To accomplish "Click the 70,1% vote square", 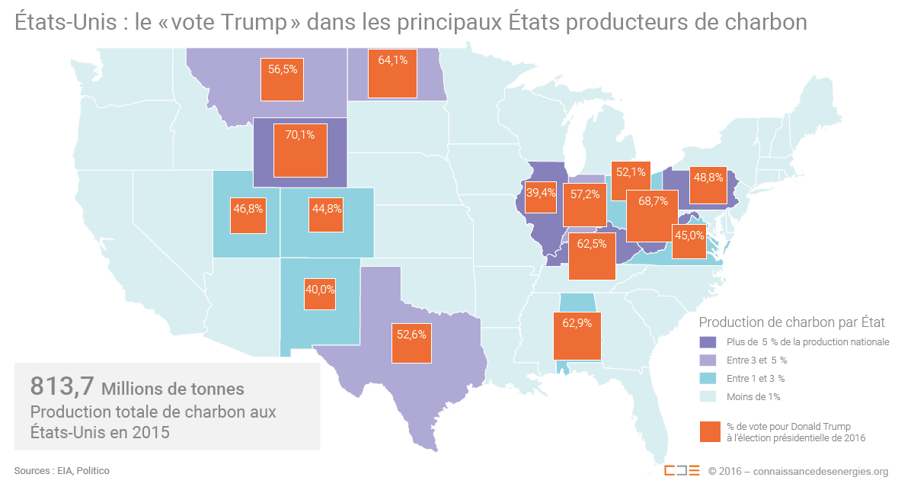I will pos(299,151).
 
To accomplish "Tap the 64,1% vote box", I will pos(392,73).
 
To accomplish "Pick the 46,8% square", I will pos(248,216).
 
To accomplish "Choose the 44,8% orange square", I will pos(326,215).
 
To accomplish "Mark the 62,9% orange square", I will pos(577,336).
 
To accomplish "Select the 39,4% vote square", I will pos(541,201).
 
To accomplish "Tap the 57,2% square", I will pos(584,204).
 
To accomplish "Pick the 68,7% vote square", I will pos(652,215).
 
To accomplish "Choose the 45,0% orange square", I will pos(689,242).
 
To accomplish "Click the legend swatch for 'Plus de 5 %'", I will pos(709,342).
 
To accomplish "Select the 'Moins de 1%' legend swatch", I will pos(709,397).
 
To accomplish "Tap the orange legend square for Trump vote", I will pos(709,432).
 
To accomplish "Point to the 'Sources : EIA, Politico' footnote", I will pos(62,471).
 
